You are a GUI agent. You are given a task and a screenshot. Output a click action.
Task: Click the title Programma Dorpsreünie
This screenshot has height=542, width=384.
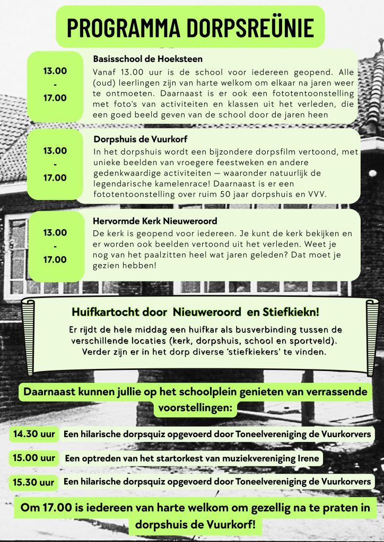tap(190, 28)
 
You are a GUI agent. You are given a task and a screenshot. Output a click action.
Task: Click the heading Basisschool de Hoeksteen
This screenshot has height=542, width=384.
tap(147, 59)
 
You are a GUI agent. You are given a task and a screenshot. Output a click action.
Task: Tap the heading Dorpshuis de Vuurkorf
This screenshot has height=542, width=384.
tap(139, 140)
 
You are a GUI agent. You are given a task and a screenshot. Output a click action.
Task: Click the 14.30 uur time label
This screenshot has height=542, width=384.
tap(34, 434)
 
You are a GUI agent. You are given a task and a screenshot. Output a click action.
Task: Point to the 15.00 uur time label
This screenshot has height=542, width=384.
tap(34, 458)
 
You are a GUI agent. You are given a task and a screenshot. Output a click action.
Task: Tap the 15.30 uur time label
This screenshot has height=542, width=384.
tap(34, 482)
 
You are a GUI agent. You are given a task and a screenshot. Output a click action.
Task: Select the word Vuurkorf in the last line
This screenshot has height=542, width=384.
tap(229, 526)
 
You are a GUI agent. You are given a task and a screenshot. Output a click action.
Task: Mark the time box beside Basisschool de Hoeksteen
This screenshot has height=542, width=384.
tap(55, 84)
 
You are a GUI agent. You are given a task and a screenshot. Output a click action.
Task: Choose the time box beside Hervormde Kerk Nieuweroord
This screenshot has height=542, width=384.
tap(55, 246)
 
